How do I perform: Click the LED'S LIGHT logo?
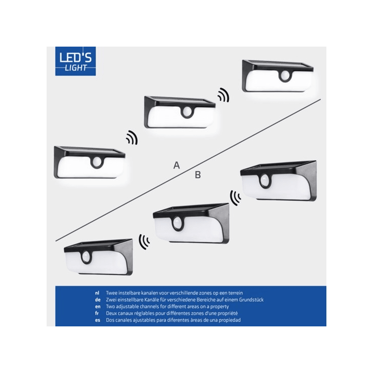75,61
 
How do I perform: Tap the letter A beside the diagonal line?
176,165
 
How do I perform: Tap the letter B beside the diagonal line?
198,175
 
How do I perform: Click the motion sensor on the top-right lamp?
285,76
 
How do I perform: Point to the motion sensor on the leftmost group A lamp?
97,163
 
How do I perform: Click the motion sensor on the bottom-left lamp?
86,257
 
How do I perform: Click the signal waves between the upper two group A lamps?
223,95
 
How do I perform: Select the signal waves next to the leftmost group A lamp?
132,138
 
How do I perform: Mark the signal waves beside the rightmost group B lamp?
235,197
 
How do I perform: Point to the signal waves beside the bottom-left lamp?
144,242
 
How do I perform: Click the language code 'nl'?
97,293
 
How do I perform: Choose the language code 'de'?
98,300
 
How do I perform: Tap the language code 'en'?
98,307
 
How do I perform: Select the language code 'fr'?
97,313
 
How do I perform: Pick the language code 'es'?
97,320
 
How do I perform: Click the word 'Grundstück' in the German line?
251,300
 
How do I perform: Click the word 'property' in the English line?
219,307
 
